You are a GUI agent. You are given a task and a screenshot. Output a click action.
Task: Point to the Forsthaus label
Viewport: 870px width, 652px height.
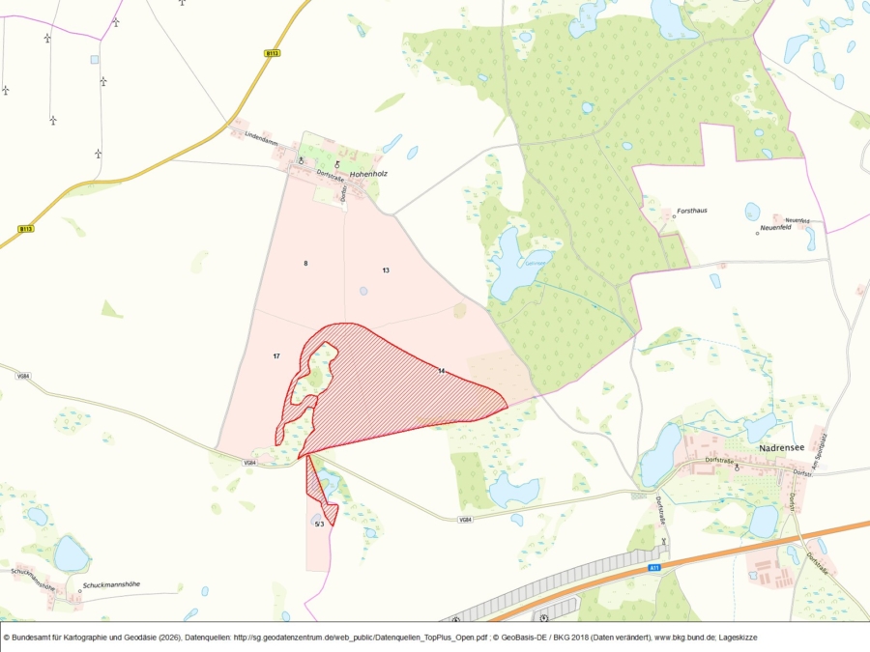pyautogui.click(x=692, y=210)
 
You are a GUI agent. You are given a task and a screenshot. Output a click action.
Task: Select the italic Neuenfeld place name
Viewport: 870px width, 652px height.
pyautogui.click(x=777, y=227)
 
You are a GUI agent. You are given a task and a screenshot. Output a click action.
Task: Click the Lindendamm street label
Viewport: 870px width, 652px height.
pyautogui.click(x=261, y=134)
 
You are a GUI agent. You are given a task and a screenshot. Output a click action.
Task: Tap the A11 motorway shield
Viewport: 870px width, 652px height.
pyautogui.click(x=654, y=568)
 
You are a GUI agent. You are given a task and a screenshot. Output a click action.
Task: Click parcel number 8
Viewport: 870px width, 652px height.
pyautogui.click(x=305, y=263)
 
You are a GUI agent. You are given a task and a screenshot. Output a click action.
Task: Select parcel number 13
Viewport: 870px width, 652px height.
pyautogui.click(x=385, y=269)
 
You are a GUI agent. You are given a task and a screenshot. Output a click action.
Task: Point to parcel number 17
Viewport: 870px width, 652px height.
pyautogui.click(x=276, y=356)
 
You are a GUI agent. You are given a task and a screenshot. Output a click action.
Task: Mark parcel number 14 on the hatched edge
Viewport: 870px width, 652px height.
pyautogui.click(x=441, y=371)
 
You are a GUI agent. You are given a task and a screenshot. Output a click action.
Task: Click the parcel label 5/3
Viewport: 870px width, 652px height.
pyautogui.click(x=319, y=524)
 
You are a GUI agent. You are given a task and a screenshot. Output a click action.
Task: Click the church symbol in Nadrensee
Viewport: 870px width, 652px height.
pyautogui.click(x=737, y=467)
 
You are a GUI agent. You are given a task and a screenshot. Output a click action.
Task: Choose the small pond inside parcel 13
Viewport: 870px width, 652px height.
pyautogui.click(x=362, y=290)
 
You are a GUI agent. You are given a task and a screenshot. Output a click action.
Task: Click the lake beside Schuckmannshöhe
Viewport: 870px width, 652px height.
pyautogui.click(x=71, y=554)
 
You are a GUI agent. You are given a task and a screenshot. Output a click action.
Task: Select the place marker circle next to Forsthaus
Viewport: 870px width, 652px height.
pyautogui.click(x=674, y=216)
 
